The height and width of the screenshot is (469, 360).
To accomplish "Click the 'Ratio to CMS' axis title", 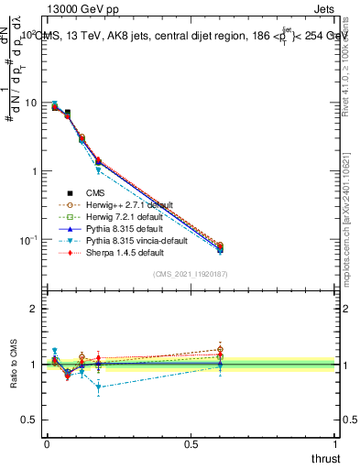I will point(13,365).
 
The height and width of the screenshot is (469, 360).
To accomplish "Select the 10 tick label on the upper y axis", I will point(31,103).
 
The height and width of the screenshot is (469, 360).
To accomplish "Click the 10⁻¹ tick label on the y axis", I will point(27,240).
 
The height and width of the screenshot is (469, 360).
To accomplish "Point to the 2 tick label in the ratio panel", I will point(35,309).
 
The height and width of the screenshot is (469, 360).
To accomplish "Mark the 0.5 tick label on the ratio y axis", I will point(31,420).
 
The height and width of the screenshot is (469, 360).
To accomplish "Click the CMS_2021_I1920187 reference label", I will point(191,274).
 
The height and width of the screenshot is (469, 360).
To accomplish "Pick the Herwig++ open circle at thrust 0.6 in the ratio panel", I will point(220,349).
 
